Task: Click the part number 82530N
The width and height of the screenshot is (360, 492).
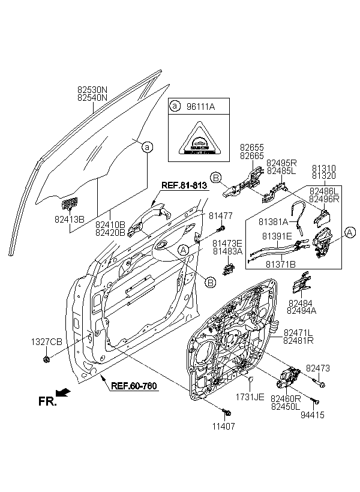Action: [x=92, y=89]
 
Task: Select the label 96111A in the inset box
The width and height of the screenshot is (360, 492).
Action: [x=198, y=106]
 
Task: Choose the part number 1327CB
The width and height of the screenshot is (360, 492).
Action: [x=47, y=341]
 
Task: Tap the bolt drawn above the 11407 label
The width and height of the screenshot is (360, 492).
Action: [x=227, y=412]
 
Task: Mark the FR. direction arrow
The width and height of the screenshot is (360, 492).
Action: [x=64, y=393]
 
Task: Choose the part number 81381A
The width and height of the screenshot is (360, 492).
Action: [x=274, y=221]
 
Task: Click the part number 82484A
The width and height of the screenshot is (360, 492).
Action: [x=302, y=311]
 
